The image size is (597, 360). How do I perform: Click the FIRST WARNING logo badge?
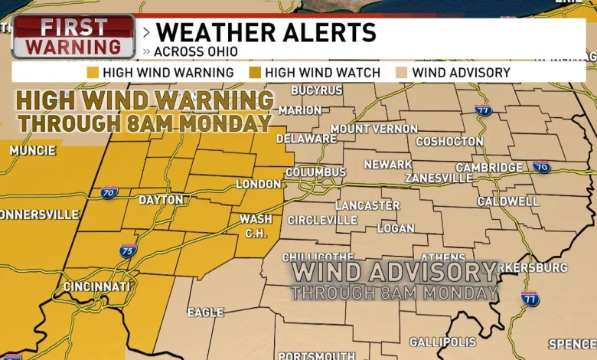point(73,36)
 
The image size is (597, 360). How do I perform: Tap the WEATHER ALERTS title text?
point(266,33)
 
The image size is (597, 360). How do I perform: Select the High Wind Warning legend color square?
point(93,73)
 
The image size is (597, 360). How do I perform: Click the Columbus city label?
point(315,172)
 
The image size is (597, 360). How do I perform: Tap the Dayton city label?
point(161,200)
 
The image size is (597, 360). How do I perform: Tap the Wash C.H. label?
point(256,225)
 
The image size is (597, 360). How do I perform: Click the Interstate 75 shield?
point(128,250)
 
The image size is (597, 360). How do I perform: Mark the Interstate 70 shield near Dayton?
point(109,193)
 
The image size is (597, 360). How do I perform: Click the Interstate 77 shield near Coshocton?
point(482,110)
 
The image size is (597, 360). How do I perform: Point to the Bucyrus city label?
point(316,90)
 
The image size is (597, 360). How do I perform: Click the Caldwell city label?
point(508,201)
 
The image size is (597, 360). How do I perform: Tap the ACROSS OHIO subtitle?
point(194,51)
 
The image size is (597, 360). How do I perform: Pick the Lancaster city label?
point(367,205)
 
